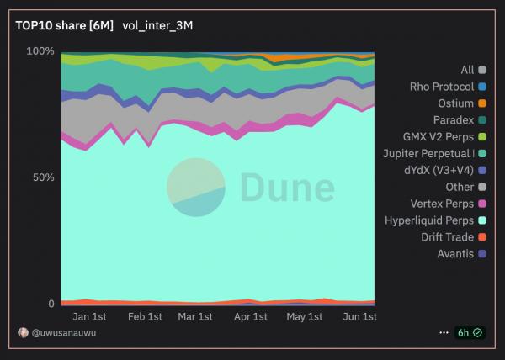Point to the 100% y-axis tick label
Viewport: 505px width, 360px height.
(x=40, y=51)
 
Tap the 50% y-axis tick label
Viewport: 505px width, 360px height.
(x=43, y=178)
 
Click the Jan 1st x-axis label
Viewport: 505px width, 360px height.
(x=89, y=317)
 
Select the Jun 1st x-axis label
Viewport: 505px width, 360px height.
(x=359, y=317)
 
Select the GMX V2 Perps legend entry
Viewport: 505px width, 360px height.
(x=439, y=136)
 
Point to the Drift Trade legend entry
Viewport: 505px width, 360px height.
(x=448, y=237)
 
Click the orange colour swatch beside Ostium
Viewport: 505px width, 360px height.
(x=481, y=103)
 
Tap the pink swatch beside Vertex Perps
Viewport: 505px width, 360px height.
(x=481, y=204)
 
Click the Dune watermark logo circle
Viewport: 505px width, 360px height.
(x=195, y=187)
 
